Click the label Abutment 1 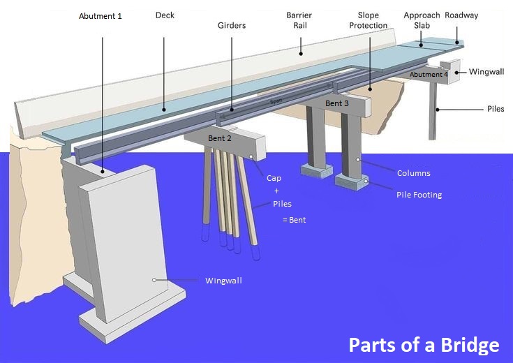point(100,15)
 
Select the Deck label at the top point(165,14)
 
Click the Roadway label point(461,15)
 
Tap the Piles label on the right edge point(495,109)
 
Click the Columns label point(413,173)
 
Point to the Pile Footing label point(419,195)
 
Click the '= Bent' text point(294,220)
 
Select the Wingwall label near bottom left point(223,281)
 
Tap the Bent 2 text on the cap point(220,138)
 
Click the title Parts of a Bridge point(424,345)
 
